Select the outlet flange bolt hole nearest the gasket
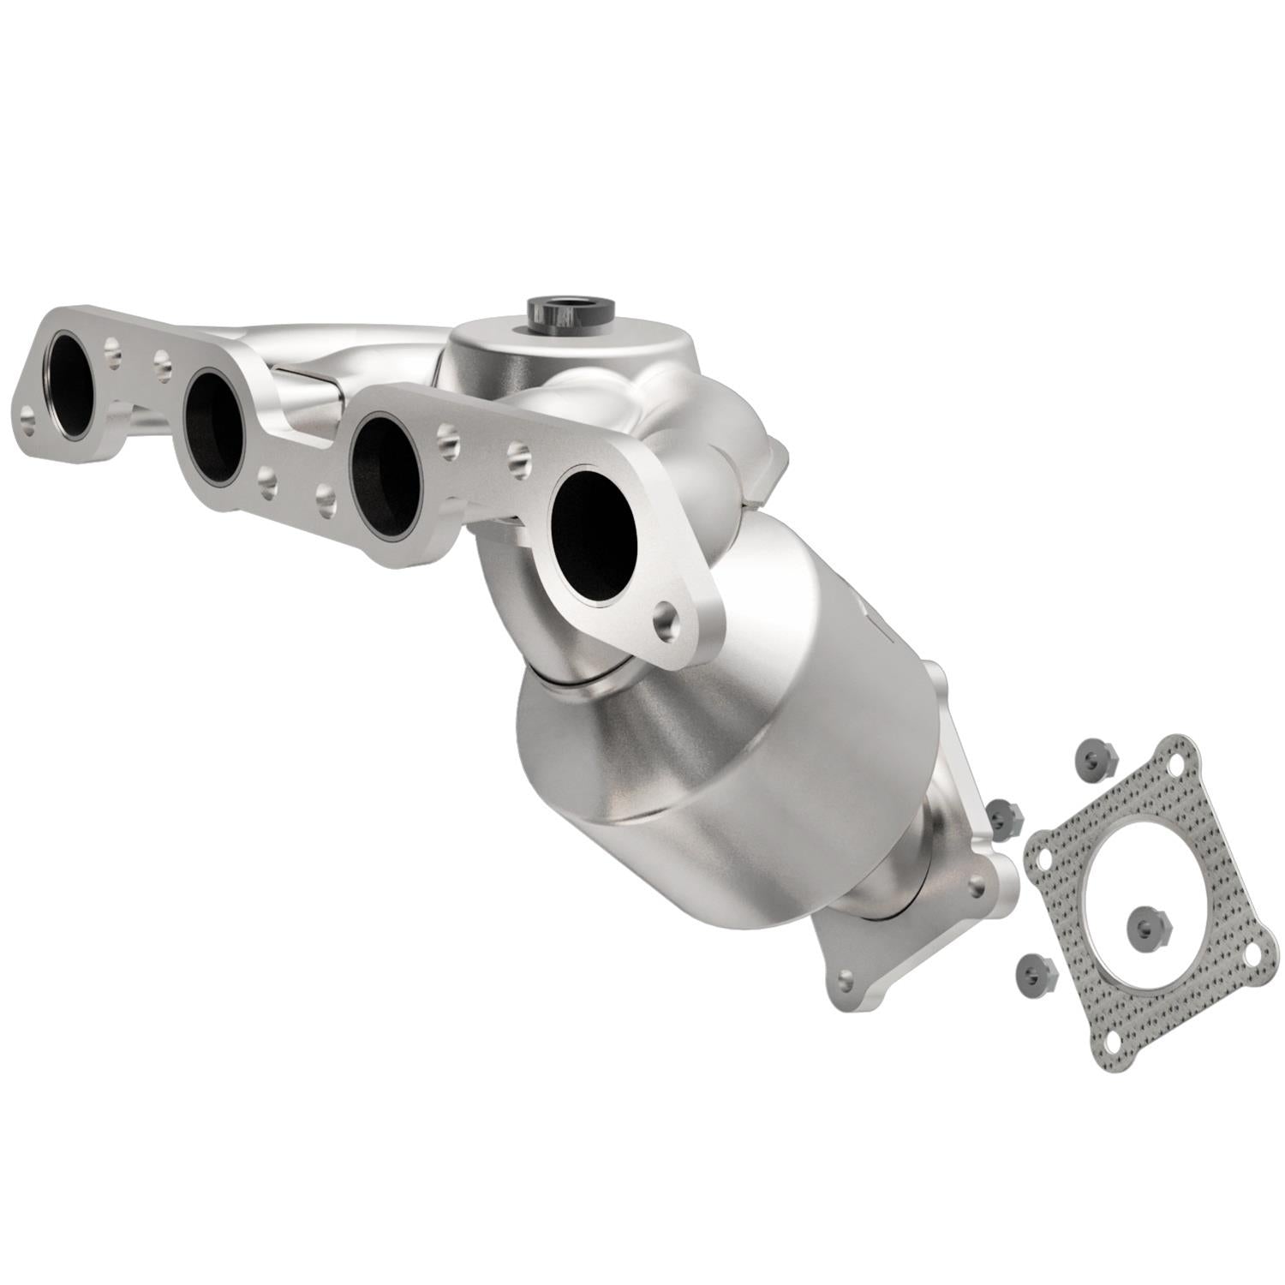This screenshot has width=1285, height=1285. click(976, 888)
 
